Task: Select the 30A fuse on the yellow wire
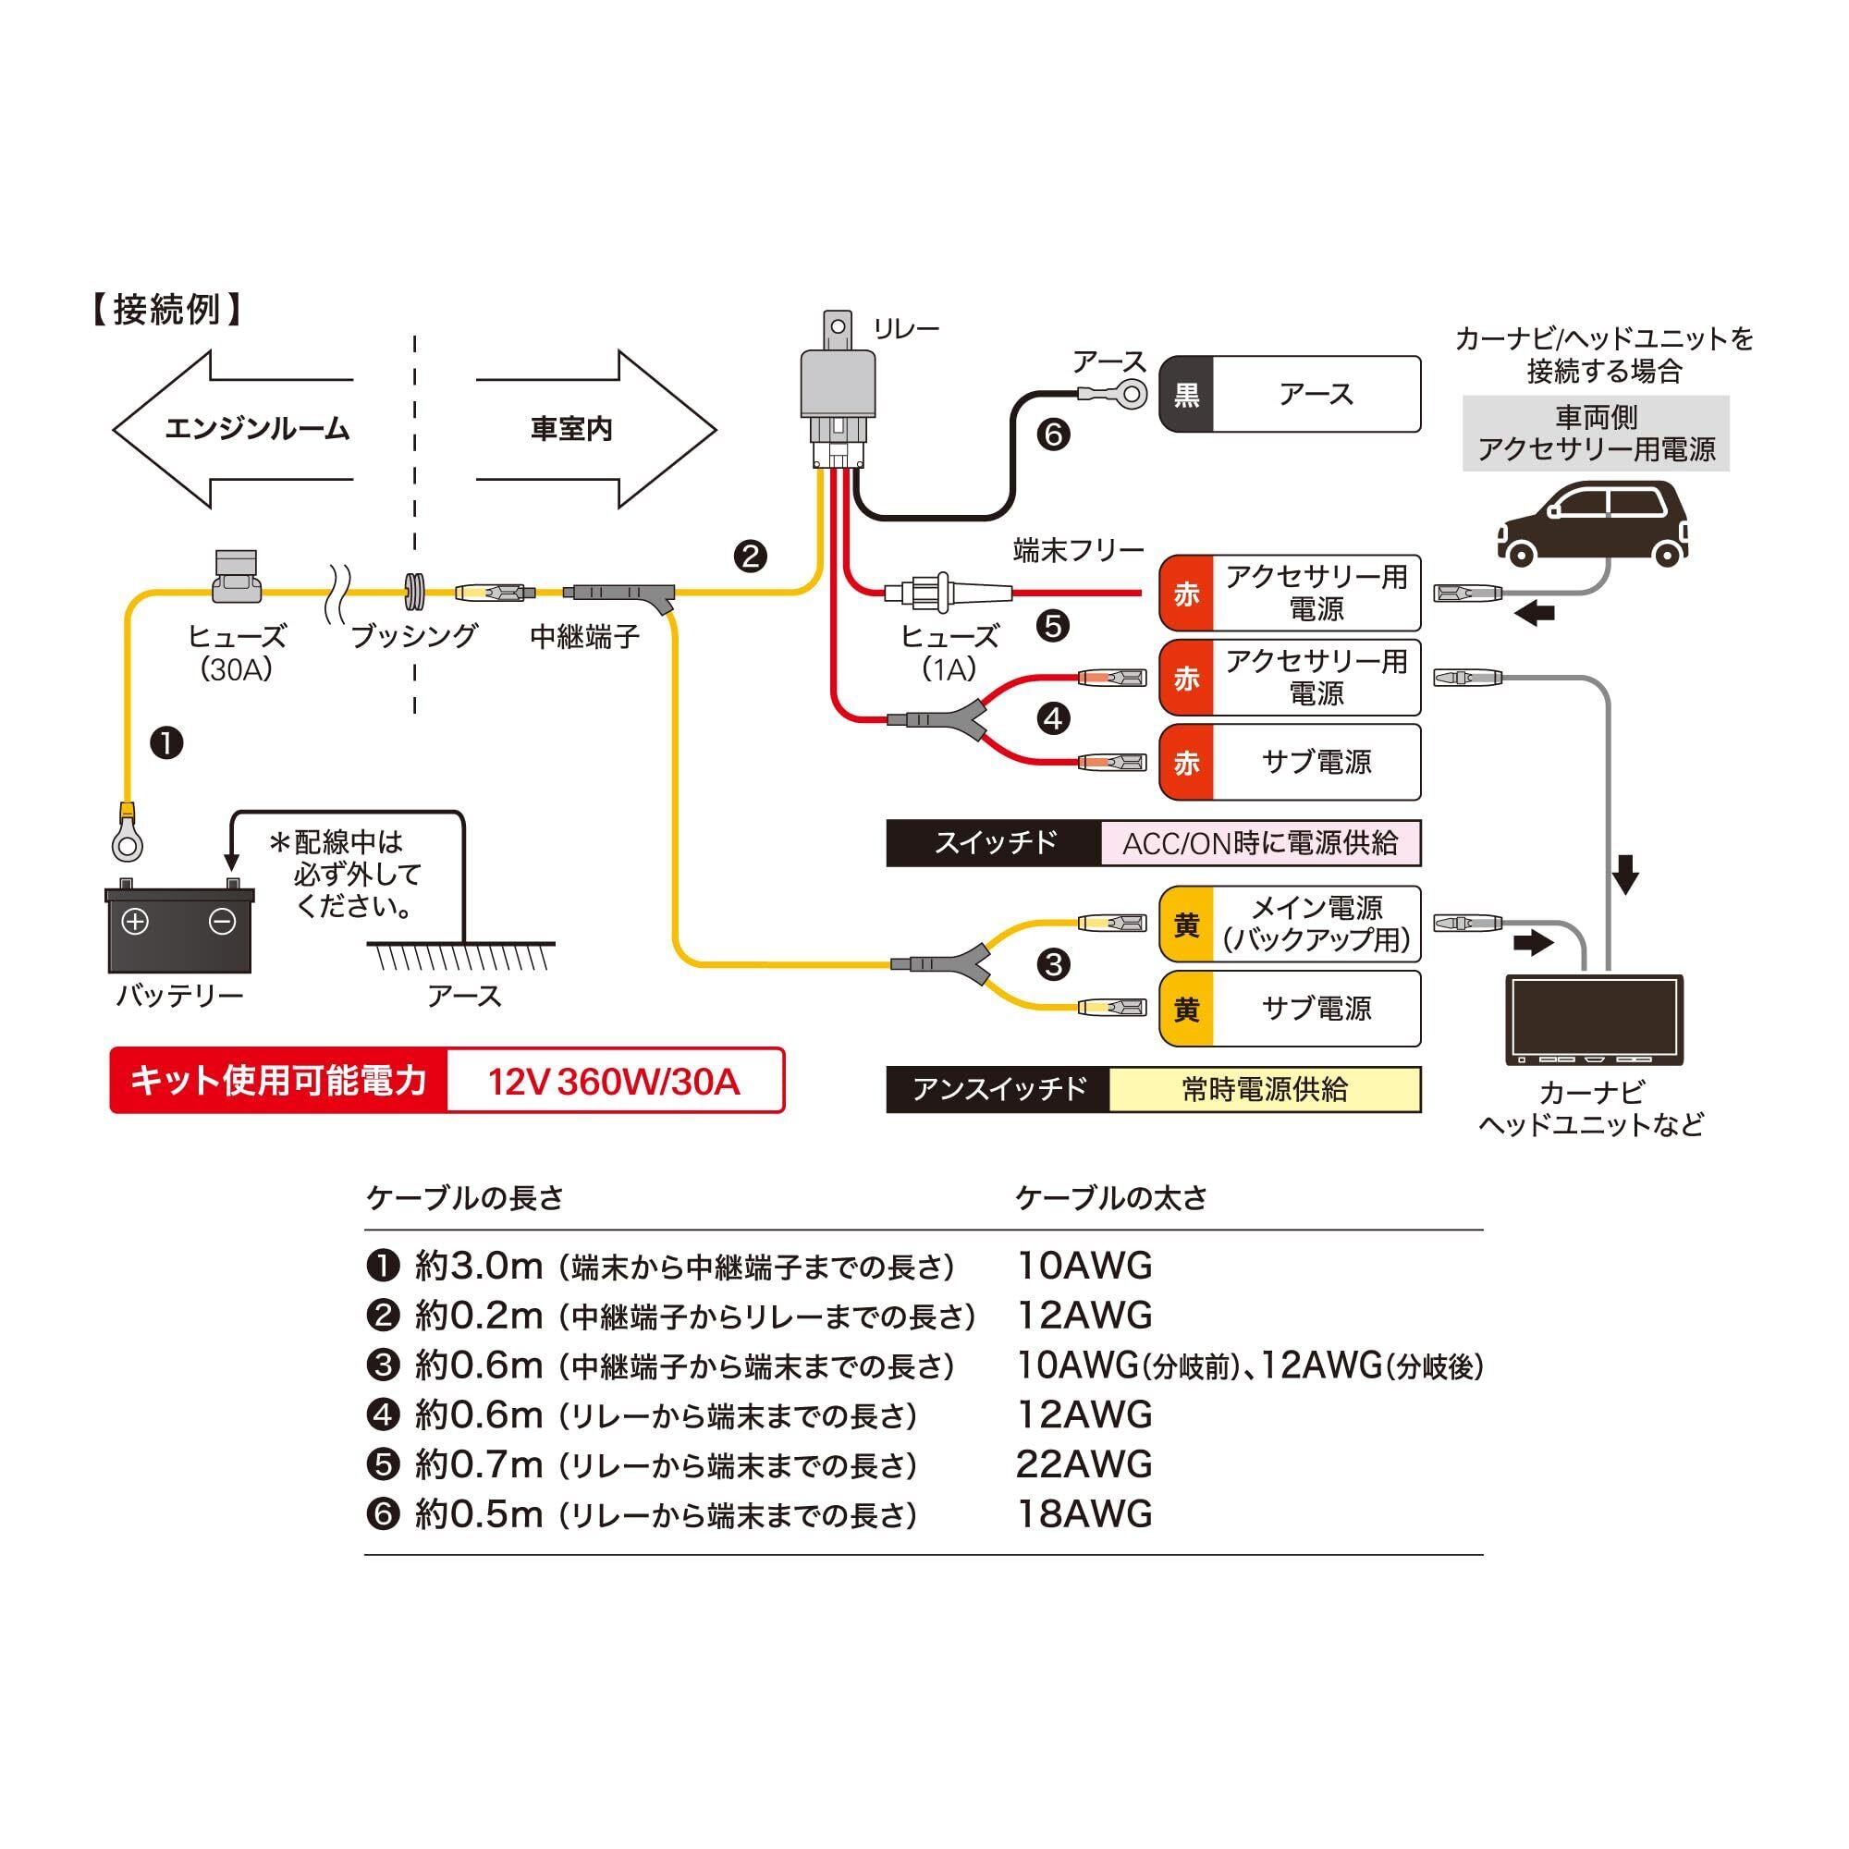pos(236,577)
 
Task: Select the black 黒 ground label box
pos(1187,395)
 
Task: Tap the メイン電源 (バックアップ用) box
pos(1289,924)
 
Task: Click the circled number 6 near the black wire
pos(1054,435)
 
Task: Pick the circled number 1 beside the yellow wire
pos(167,742)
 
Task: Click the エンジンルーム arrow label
pos(256,429)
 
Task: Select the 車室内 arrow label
pos(571,429)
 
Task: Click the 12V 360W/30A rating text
pos(614,1082)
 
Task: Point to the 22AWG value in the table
pos(1084,1464)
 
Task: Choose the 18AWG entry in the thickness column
pos(1084,1514)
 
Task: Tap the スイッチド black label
pos(995,843)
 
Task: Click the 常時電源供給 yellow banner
pos(1264,1089)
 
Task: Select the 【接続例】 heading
pos(166,310)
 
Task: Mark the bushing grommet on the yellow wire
pos(415,593)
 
